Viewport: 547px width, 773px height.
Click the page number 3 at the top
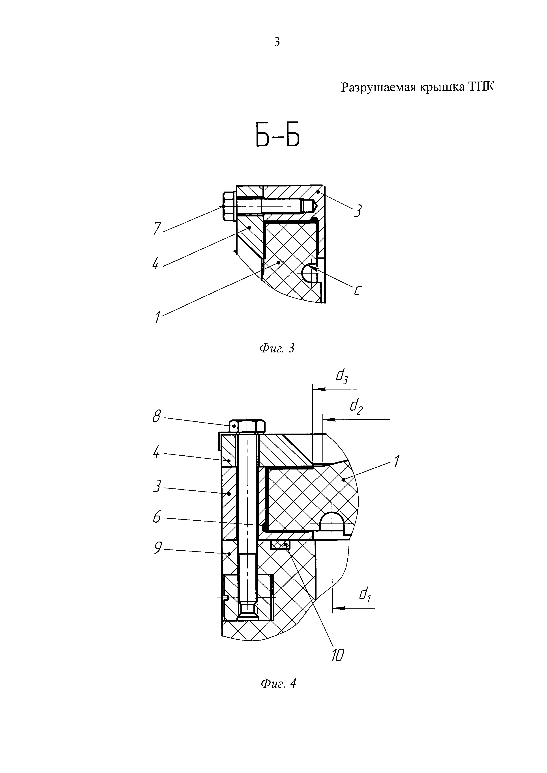(277, 42)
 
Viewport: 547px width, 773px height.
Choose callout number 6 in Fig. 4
(157, 517)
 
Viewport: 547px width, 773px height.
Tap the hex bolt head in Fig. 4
(247, 427)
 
